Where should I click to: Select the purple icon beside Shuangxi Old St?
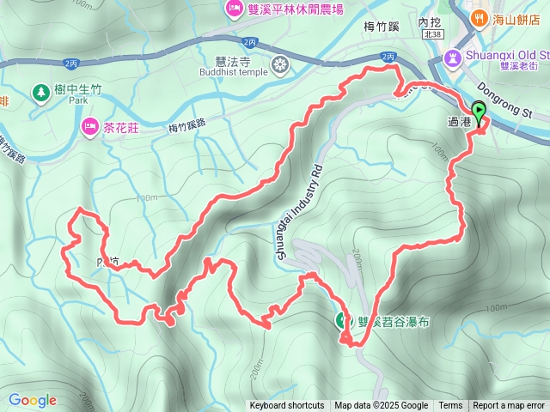[x=452, y=58]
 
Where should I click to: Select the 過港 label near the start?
[x=460, y=123]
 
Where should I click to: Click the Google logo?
[x=33, y=400]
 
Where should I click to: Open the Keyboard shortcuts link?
[x=287, y=406]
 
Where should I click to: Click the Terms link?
[x=450, y=406]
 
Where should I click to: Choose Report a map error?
[x=510, y=406]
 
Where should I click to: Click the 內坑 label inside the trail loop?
[x=109, y=260]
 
